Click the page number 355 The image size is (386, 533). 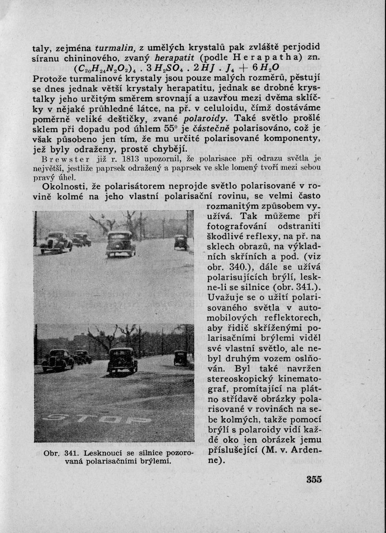[314, 480]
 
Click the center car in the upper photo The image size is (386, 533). [121, 244]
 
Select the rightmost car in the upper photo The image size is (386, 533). [181, 242]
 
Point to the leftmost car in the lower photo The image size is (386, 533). [57, 360]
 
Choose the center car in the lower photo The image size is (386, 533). [122, 360]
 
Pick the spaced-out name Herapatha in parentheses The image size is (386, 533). [267, 58]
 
